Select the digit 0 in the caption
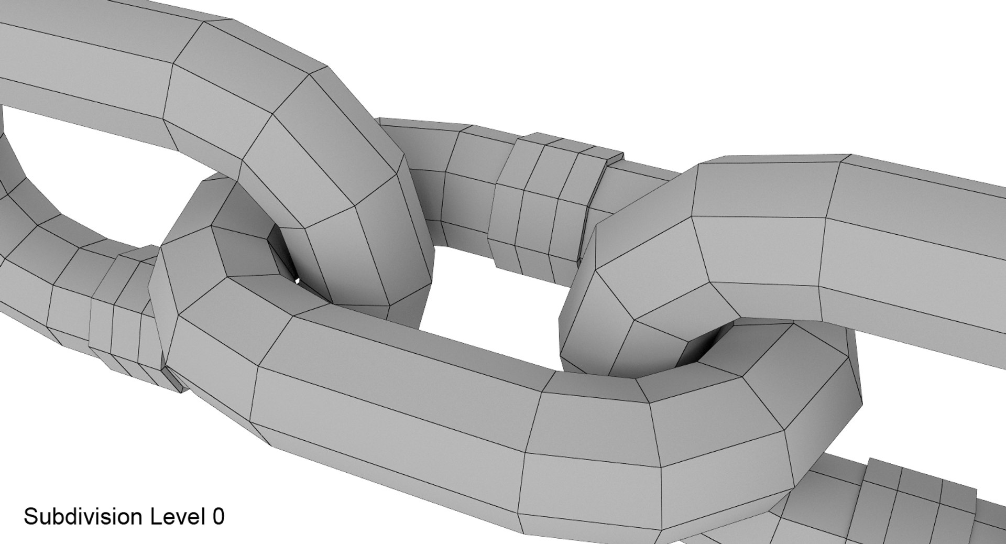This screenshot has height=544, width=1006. click(x=218, y=516)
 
